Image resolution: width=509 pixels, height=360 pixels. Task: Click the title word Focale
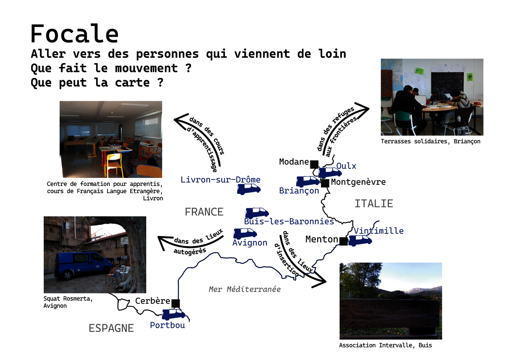pos(74,33)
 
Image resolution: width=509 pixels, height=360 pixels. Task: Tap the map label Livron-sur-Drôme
pos(220,180)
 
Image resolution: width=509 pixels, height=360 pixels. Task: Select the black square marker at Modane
pos(314,165)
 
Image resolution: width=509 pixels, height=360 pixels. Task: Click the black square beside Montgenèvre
pos(325,183)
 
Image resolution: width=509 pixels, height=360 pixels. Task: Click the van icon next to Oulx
pos(330,173)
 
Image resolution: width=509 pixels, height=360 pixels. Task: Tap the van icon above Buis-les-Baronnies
pos(257,213)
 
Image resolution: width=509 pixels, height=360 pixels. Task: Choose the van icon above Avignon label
pos(245,234)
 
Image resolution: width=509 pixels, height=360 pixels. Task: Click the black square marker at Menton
pos(343,241)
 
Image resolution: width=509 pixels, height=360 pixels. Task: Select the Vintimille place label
pos(379,231)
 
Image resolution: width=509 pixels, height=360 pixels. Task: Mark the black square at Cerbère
pos(175,303)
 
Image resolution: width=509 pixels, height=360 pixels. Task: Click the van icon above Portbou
pos(174,314)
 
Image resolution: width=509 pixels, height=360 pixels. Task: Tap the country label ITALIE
pos(374,203)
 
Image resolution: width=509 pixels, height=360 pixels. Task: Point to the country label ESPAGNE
pos(111,328)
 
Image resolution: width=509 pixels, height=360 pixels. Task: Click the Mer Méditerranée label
pos(245,289)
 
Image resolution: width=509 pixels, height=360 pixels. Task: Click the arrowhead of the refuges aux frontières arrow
pos(363,110)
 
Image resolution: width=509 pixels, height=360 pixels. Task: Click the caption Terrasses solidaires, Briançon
pos(431,141)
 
